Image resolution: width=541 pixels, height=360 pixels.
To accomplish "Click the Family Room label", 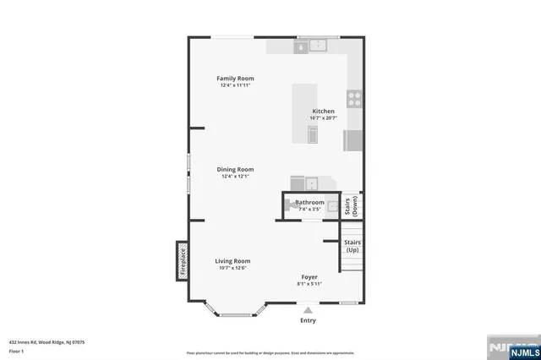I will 237,79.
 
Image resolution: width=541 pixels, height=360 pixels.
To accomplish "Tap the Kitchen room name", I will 323,112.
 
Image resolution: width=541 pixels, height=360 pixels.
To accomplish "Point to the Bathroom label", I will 309,203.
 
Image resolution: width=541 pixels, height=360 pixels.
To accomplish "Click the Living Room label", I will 232,261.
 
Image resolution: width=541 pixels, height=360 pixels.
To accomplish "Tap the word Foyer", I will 309,277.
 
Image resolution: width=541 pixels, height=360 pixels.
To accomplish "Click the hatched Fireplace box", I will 181,261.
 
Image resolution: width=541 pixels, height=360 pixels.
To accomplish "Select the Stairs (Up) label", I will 352,247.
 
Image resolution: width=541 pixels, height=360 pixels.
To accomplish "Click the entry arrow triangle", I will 308,310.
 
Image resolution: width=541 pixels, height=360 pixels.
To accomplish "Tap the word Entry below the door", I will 308,320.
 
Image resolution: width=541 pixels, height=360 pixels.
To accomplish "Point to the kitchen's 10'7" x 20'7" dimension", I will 323,118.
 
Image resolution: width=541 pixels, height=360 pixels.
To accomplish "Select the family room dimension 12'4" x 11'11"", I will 237,85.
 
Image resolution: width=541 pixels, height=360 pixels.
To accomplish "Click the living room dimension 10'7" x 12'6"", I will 232,268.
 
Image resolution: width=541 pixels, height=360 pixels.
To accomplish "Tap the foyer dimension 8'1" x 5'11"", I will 309,284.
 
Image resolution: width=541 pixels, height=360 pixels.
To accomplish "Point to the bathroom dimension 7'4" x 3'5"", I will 309,209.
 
